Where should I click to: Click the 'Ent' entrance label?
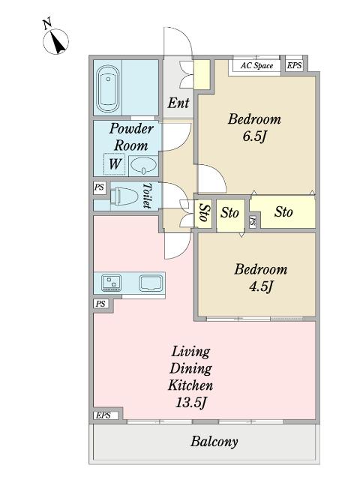coord(178,103)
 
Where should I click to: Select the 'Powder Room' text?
coord(131,136)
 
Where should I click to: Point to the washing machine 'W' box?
coord(115,163)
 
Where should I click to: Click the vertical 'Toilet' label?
coord(148,196)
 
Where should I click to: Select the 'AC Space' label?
coord(256,66)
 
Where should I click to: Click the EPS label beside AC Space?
coord(295,66)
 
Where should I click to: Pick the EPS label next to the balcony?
coord(102,415)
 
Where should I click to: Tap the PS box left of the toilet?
coord(99,187)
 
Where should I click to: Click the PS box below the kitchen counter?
coord(100,304)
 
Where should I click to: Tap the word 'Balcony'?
coord(214,442)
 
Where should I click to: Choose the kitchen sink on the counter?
coord(151,283)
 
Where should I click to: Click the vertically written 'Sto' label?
coord(203,213)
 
